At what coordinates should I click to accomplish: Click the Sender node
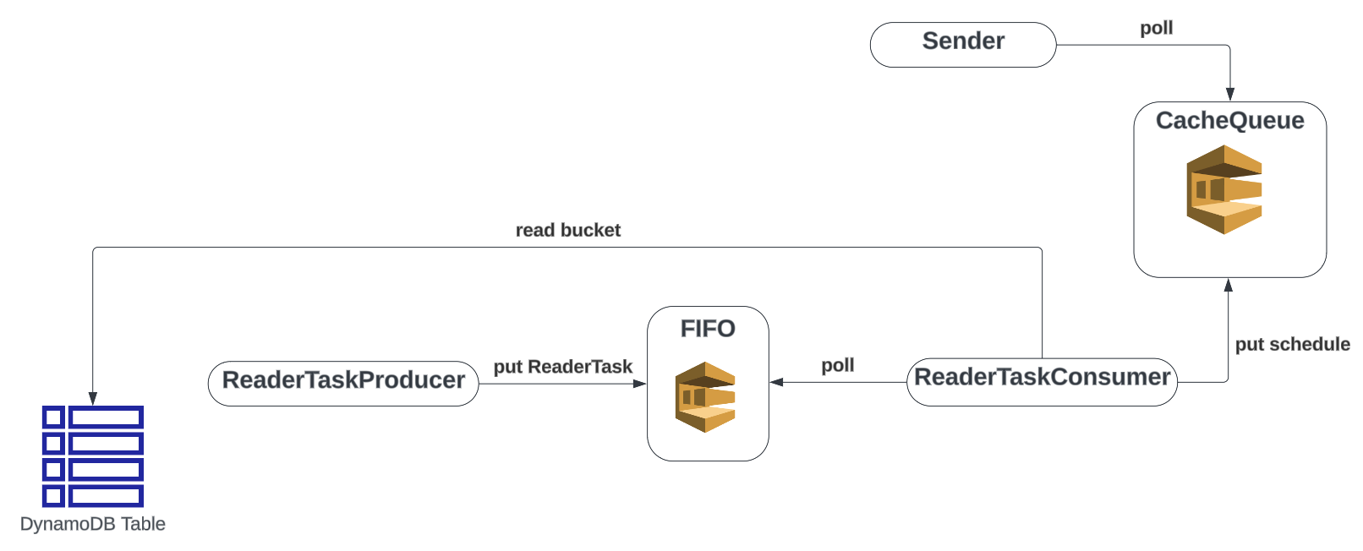coord(962,44)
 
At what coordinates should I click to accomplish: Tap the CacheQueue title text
coord(1229,121)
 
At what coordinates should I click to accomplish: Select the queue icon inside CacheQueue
coord(1223,189)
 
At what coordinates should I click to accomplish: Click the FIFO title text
coord(708,329)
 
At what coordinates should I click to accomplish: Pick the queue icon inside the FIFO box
coord(705,396)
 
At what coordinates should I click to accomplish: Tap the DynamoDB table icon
coord(93,456)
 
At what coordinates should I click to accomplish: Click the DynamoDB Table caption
coord(93,524)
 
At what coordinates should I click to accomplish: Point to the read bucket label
coord(567,230)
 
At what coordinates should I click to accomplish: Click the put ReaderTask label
coord(562,367)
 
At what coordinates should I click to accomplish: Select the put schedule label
coord(1292,344)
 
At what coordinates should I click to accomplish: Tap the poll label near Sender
coord(1156,28)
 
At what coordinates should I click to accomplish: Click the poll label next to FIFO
coord(837,365)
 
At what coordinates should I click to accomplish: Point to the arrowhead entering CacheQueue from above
coord(1230,95)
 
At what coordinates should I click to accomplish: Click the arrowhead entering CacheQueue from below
coord(1229,286)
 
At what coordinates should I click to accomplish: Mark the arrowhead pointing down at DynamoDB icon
coord(93,398)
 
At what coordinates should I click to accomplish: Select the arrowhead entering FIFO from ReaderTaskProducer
coord(640,384)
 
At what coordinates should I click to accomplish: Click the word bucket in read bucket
coord(590,230)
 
